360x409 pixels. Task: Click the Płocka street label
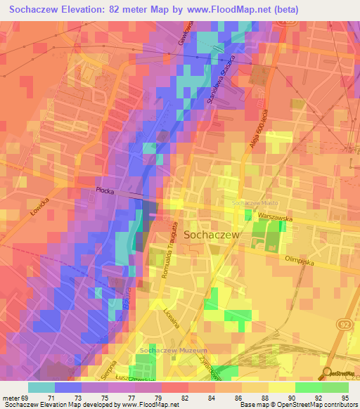107,190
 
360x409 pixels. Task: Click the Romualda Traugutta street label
168,255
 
